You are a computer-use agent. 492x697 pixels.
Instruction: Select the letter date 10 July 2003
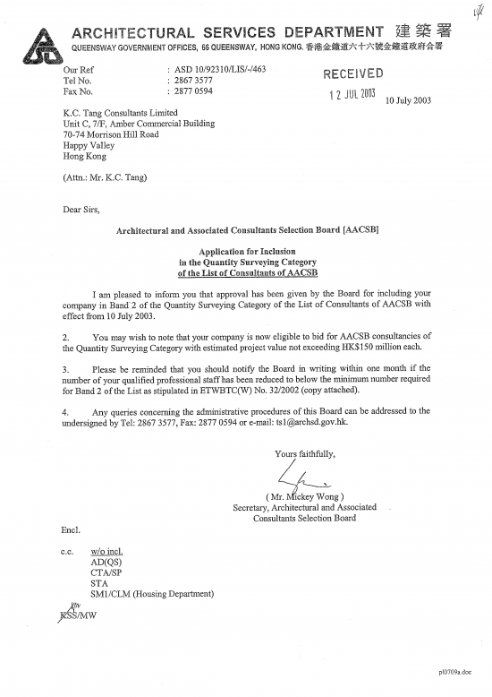[x=407, y=100]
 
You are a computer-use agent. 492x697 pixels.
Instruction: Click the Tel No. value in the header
[x=193, y=80]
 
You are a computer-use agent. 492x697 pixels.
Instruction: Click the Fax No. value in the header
[x=193, y=90]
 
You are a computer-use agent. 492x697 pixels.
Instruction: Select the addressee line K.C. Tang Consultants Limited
[x=120, y=113]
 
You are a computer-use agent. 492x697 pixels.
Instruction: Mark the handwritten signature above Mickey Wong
[x=296, y=477]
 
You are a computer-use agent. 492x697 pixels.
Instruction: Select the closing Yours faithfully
[x=305, y=453]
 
